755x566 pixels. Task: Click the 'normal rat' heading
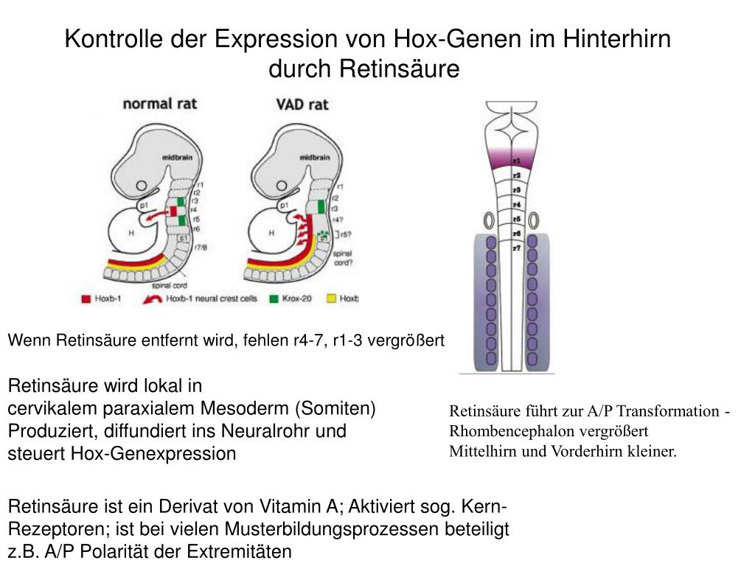click(x=159, y=103)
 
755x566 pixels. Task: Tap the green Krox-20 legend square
click(x=274, y=299)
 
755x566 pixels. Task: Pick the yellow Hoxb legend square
click(x=331, y=299)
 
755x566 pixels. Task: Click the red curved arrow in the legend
click(x=153, y=299)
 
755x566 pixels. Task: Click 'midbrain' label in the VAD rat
click(x=314, y=157)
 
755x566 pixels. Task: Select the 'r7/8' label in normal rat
click(x=201, y=247)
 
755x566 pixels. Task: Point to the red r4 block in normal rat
click(x=174, y=211)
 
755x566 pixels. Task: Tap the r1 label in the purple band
click(x=517, y=160)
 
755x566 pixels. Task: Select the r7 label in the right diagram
click(x=517, y=248)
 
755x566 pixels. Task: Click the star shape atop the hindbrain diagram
click(x=516, y=133)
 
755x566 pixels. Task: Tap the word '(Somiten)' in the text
click(x=335, y=408)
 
